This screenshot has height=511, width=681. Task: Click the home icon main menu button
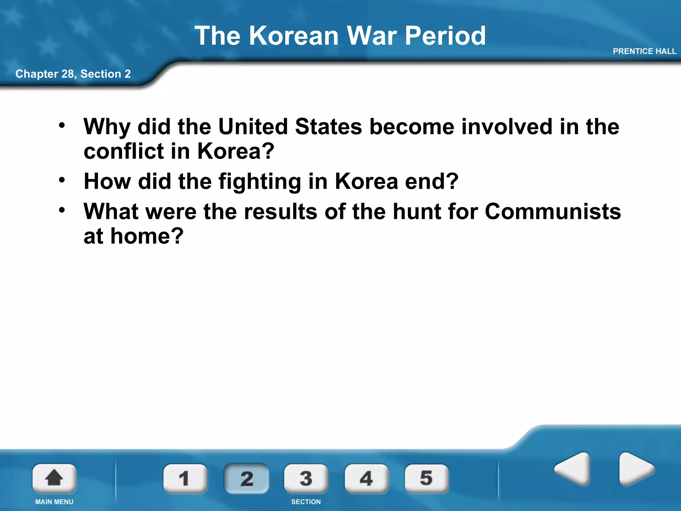[x=54, y=478]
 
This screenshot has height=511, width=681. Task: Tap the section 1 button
[x=185, y=478]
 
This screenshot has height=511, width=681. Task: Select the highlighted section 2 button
[x=246, y=478]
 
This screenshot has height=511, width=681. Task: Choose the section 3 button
[x=306, y=478]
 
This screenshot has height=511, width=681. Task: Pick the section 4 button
[x=366, y=478]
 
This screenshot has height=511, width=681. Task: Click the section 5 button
[x=426, y=478]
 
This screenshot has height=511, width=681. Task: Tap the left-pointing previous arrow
[x=573, y=469]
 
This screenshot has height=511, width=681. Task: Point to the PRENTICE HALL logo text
[x=644, y=51]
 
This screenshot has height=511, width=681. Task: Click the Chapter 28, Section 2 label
[x=73, y=74]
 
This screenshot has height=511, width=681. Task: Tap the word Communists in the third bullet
[x=553, y=212]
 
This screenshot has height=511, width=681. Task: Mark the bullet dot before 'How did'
[x=62, y=180]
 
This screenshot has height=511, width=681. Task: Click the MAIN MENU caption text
[x=54, y=502]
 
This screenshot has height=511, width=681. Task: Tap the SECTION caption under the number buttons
[x=306, y=502]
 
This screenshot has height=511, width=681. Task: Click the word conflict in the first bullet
[x=123, y=151]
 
